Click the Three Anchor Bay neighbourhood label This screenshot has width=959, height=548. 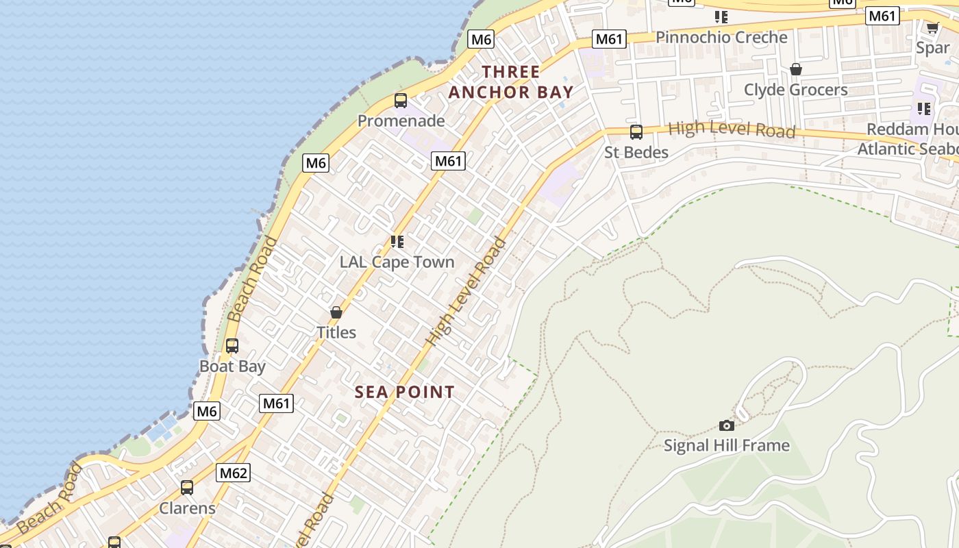510,82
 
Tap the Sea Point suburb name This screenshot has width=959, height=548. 404,393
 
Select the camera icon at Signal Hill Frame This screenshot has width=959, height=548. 727,425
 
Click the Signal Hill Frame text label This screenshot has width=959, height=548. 727,446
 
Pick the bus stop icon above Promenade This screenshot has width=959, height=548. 401,101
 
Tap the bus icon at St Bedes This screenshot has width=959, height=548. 636,132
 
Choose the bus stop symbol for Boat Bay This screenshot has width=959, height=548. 232,346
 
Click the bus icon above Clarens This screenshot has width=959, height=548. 187,488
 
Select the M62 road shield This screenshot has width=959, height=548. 234,473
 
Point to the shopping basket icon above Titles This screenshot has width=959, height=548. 336,312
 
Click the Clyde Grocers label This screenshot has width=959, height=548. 795,90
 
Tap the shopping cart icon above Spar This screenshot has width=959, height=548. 932,27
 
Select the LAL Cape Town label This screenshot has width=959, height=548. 397,262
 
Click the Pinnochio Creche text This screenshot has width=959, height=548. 721,38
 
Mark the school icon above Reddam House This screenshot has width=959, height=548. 924,109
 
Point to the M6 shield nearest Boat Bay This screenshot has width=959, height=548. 207,411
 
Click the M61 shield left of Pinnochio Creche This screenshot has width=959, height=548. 609,39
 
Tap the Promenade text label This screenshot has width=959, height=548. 401,121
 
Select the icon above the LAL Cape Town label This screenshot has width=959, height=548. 397,242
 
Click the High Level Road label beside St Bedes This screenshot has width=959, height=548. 731,129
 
